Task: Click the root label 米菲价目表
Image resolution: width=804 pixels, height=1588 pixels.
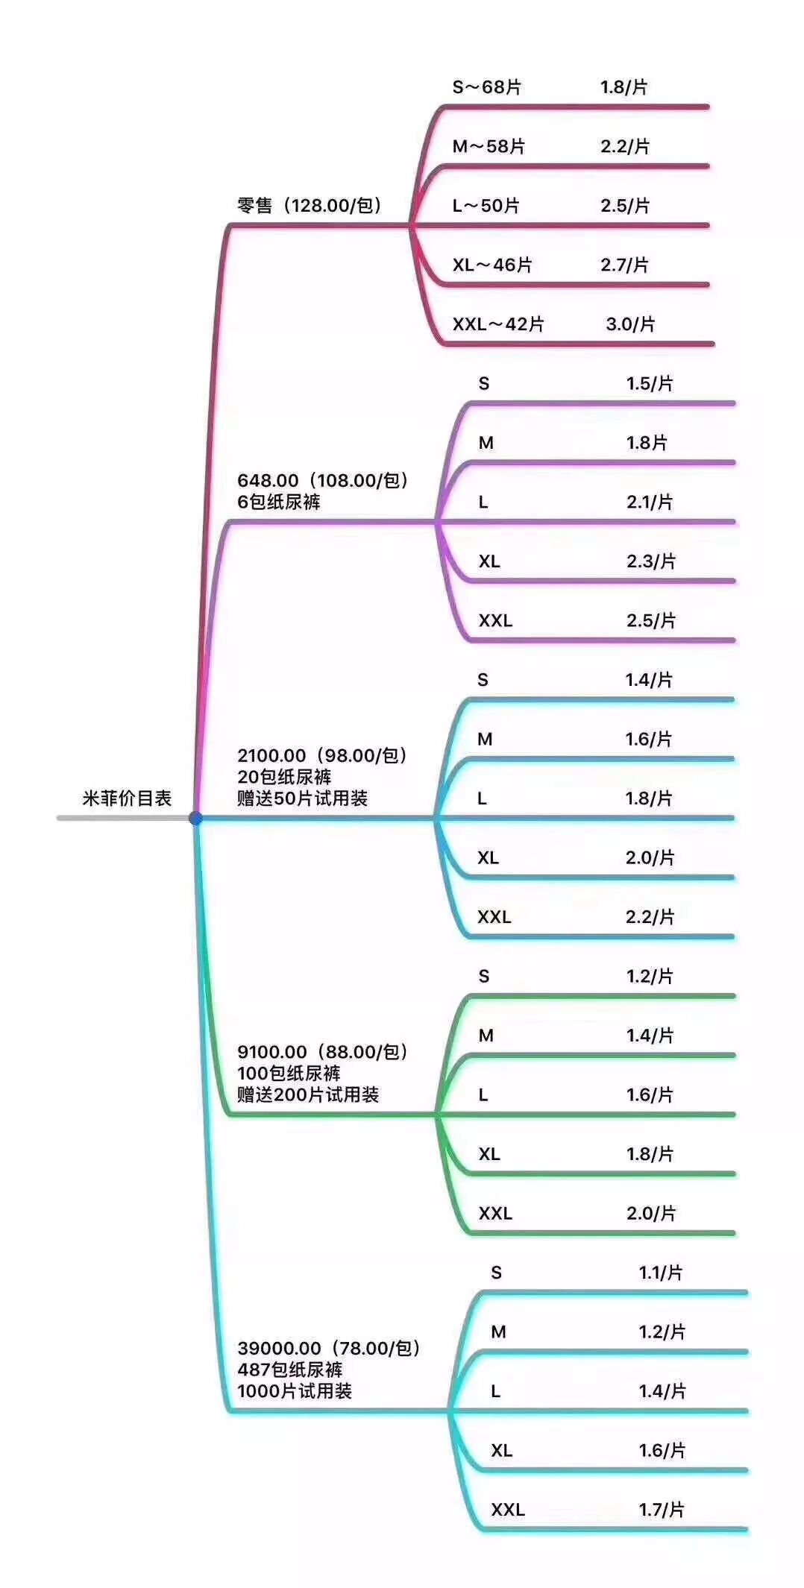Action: point(127,798)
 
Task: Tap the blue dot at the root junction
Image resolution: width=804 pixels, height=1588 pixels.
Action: point(195,818)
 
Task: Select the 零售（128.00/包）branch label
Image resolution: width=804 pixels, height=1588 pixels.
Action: point(310,205)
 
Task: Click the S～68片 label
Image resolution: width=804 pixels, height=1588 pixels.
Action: point(486,87)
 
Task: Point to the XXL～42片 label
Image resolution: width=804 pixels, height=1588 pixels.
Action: point(497,324)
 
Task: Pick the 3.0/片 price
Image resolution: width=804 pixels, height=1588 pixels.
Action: point(630,324)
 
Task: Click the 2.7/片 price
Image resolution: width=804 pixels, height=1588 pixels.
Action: point(624,265)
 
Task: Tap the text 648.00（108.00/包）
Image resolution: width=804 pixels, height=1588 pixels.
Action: point(323,480)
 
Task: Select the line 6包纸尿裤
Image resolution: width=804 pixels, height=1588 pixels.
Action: point(279,502)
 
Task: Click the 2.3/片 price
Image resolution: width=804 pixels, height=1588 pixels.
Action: point(650,561)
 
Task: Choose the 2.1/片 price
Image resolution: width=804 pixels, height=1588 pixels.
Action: point(649,502)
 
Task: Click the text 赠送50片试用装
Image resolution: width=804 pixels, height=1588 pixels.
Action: point(302,798)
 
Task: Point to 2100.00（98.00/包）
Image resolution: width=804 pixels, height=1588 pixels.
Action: point(322,755)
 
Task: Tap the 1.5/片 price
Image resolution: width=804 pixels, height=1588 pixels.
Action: point(649,383)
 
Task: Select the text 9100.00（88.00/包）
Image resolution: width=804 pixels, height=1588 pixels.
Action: point(323,1052)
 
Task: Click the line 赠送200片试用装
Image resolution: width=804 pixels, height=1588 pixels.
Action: point(308,1094)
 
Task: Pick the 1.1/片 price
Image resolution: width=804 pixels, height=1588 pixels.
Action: point(660,1273)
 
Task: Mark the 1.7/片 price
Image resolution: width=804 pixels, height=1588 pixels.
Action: point(661,1510)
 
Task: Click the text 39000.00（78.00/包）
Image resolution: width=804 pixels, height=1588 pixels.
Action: point(329,1348)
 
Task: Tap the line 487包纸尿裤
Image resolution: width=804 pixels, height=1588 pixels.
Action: point(290,1370)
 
